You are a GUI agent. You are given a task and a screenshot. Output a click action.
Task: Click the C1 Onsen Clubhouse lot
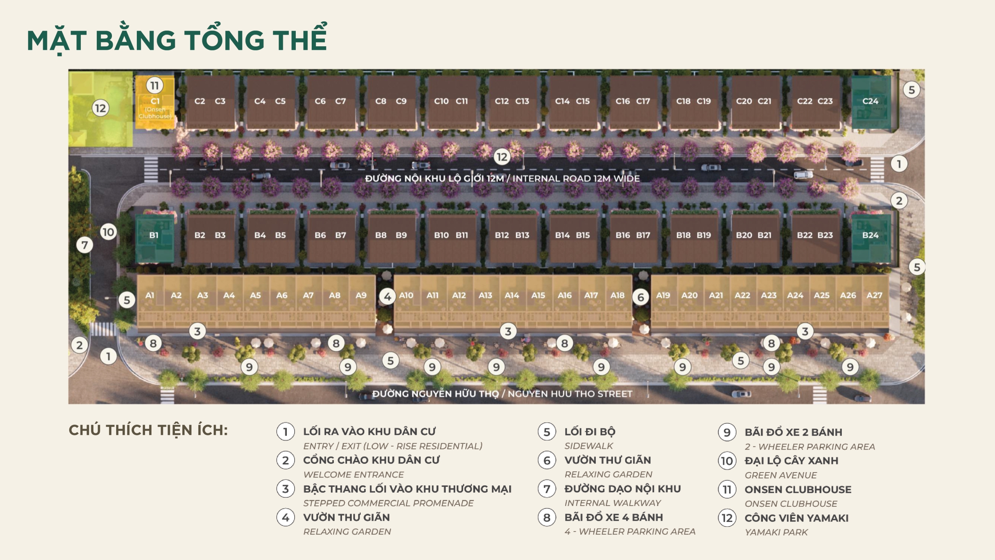[x=155, y=107]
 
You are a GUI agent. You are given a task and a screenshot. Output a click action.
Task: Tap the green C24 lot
[x=870, y=101]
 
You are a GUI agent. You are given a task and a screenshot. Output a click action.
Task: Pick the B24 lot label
[x=870, y=235]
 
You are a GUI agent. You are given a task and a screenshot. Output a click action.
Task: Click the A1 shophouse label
[x=150, y=296]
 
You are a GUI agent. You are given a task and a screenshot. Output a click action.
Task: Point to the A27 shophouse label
[x=875, y=296]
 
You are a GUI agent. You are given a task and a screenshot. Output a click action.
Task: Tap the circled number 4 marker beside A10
[x=388, y=297]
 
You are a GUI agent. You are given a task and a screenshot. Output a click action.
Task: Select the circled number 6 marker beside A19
[x=641, y=297]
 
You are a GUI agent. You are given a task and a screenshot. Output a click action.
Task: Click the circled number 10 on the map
[x=108, y=232]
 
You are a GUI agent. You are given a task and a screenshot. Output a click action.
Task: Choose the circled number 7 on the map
[x=85, y=245]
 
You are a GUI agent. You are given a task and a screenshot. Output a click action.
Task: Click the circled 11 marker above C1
[x=155, y=85]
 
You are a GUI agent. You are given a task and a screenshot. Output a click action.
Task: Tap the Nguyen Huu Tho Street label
[x=502, y=394]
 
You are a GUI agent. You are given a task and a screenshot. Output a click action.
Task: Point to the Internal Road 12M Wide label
[x=502, y=178]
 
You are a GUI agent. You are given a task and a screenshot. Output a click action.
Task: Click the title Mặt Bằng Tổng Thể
[x=177, y=40]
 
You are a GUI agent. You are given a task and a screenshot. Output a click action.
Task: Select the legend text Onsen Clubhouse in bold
[x=798, y=490]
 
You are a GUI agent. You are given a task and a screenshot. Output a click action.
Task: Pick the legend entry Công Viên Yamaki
[x=796, y=518]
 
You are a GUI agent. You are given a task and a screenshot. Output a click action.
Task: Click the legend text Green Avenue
[x=780, y=475]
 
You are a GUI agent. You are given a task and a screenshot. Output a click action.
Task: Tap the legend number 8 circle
[x=547, y=518]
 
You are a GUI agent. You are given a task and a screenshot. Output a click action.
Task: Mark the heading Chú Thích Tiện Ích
[x=148, y=430]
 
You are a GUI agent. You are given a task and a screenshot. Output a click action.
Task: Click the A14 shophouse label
[x=512, y=296]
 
